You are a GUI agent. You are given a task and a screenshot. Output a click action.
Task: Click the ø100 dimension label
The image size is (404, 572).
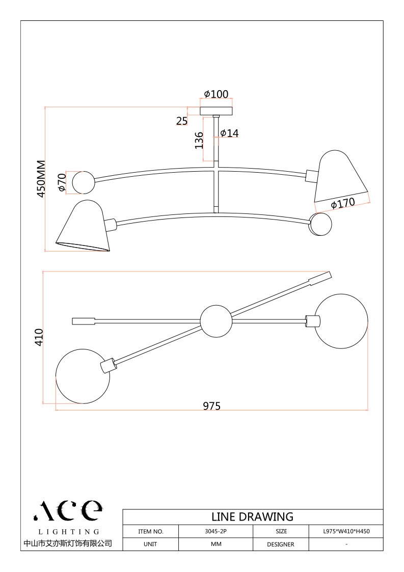(x=217, y=94)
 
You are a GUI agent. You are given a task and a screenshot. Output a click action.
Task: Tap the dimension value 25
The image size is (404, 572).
(x=182, y=120)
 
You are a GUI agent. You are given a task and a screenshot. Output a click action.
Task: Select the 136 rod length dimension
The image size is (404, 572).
(x=199, y=140)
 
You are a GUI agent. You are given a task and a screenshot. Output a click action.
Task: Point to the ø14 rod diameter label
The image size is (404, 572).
(x=230, y=133)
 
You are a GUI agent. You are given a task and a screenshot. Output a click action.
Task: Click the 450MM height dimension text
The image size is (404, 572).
(x=41, y=179)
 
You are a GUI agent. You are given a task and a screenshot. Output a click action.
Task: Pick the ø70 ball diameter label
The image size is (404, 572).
(x=62, y=182)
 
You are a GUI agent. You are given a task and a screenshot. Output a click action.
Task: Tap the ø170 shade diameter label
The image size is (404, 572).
(x=343, y=204)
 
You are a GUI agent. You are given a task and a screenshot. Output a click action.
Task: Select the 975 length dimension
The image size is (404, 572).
(x=211, y=406)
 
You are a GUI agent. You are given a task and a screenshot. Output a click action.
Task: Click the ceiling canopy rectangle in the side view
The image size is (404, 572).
(x=217, y=111)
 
